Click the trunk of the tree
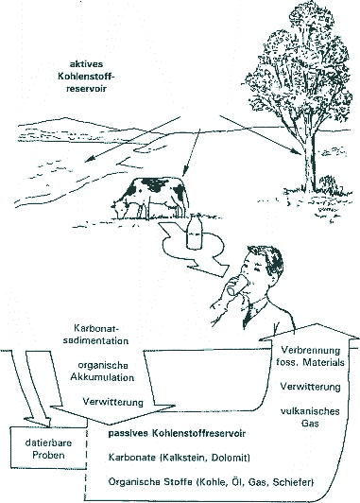(x=308, y=161)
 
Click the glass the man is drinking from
(x=235, y=286)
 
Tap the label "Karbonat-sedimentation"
(x=95, y=335)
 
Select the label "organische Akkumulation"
(x=103, y=372)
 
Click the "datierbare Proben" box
(x=49, y=448)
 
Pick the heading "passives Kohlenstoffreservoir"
(x=177, y=433)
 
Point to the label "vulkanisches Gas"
(x=310, y=417)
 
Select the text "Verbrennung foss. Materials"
(x=310, y=356)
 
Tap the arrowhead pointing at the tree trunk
(x=297, y=152)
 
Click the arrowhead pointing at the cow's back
(x=184, y=173)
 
